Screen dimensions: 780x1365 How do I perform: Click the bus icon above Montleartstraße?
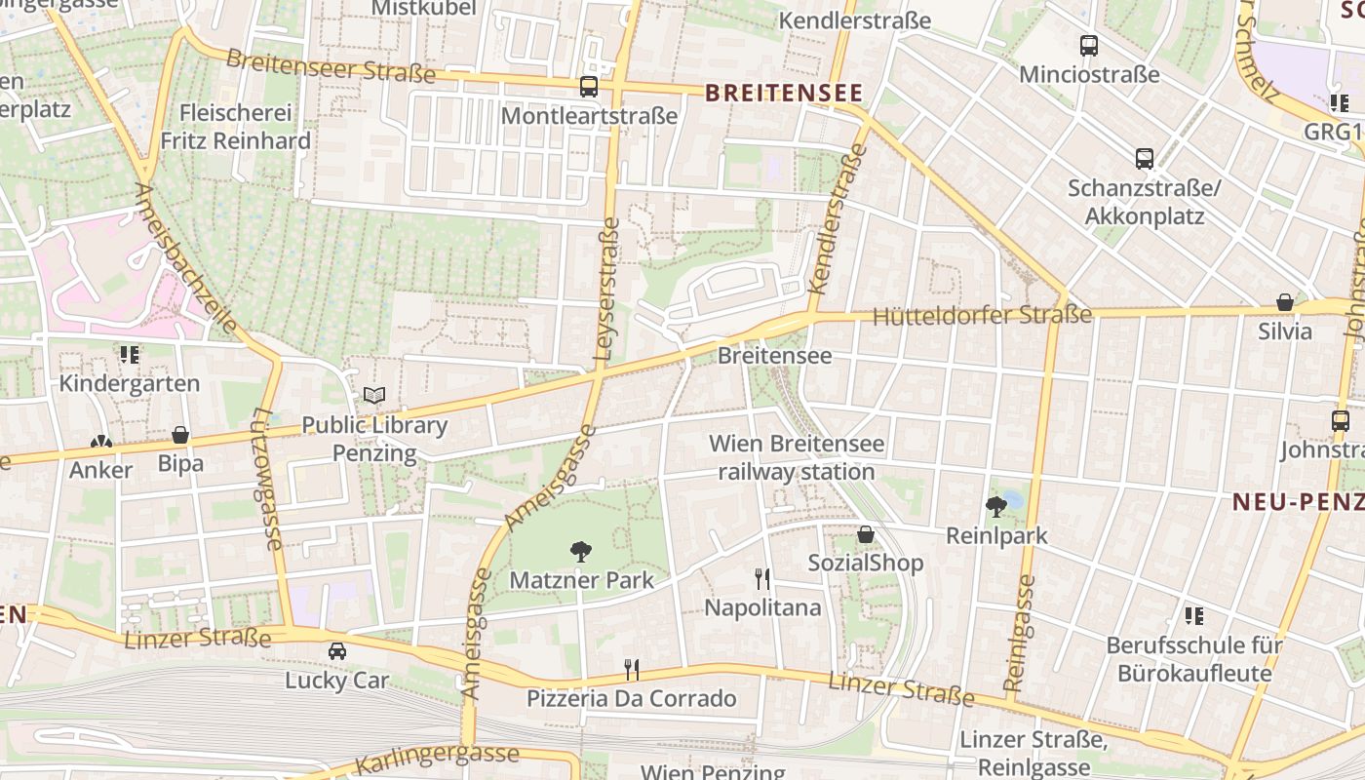point(589,87)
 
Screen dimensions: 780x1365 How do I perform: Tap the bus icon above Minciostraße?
point(1089,46)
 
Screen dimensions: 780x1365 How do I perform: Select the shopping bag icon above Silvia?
point(1285,302)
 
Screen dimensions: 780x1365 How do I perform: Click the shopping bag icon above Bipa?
point(180,435)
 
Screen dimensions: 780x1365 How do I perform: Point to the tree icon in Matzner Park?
point(581,552)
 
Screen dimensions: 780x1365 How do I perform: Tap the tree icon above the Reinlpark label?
point(996,506)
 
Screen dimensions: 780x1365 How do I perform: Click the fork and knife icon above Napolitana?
point(762,579)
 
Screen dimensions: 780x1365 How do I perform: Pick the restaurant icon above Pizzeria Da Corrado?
point(632,670)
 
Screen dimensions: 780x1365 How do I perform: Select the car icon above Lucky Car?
point(337,651)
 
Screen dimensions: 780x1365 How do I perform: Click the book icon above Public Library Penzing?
point(374,396)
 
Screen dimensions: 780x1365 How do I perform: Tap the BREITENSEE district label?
point(784,93)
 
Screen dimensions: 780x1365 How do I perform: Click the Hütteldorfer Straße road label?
point(982,316)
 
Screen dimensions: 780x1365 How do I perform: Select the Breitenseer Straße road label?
point(331,66)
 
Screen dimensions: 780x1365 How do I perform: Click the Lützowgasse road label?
point(267,478)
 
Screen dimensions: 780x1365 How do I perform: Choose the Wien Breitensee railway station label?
point(797,458)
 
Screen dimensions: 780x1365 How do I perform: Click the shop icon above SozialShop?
point(866,534)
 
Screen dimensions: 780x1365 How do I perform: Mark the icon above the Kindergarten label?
point(130,355)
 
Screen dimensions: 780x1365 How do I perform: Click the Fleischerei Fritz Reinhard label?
point(236,127)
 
